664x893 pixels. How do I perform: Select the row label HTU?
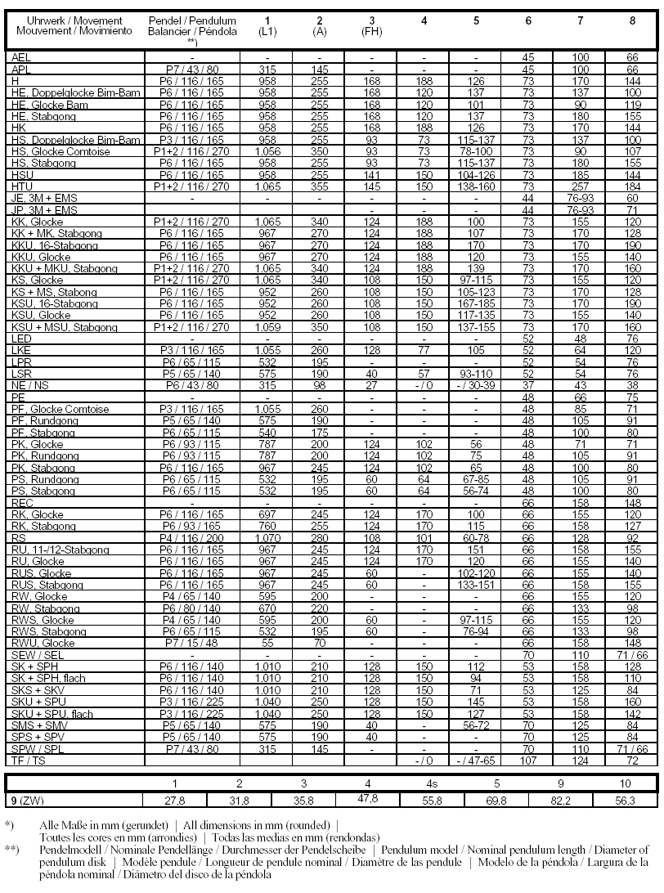click(22, 186)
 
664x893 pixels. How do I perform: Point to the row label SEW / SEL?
click(35, 654)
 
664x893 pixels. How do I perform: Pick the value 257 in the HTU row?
click(580, 186)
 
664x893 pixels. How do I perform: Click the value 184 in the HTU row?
click(632, 186)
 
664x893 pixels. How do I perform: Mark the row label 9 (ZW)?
click(25, 800)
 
